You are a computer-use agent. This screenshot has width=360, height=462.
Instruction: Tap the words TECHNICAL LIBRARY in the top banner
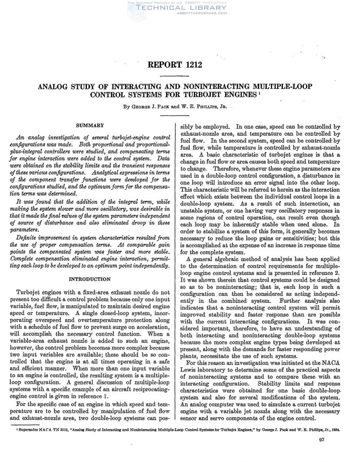[x=179, y=9]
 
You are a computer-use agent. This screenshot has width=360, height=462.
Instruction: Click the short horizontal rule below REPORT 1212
[x=179, y=76]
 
